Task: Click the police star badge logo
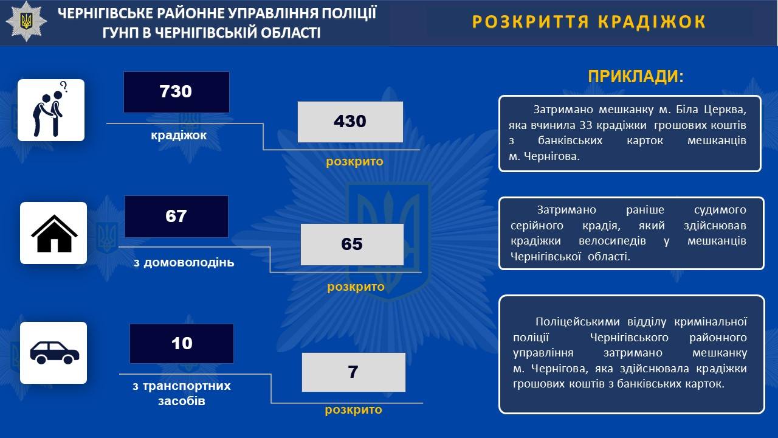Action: point(26,21)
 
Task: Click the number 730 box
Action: point(176,92)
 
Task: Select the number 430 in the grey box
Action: point(350,121)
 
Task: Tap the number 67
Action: point(176,216)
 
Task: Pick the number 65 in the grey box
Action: point(352,244)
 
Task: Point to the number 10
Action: point(182,344)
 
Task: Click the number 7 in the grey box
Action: point(353,372)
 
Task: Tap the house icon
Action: point(54,234)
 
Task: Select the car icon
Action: point(55,352)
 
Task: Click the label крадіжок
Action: point(179,135)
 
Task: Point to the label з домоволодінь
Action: point(184,262)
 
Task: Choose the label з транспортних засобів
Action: point(182,394)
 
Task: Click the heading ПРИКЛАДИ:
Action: point(636,77)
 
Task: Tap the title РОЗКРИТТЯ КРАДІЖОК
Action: point(589,21)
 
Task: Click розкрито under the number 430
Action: point(354,162)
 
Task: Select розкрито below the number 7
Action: point(354,410)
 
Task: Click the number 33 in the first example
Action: point(585,125)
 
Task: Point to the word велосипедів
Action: point(612,241)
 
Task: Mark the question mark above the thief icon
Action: point(64,86)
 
